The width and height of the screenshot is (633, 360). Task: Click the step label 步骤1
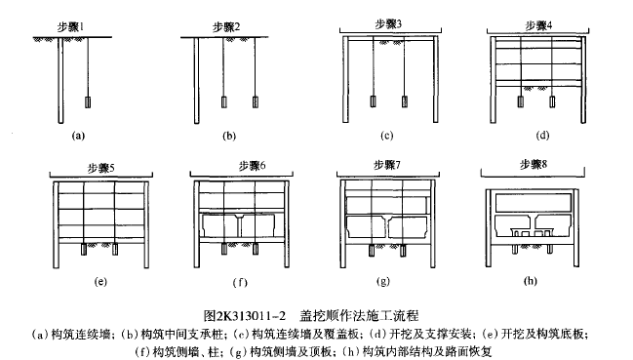coord(70,27)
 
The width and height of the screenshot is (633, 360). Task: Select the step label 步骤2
coord(226,27)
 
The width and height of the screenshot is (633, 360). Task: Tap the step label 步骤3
coord(388,24)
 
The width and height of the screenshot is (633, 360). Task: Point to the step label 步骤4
coord(538,25)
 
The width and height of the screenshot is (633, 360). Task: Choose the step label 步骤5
coord(100,168)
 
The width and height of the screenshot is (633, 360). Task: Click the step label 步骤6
coord(252,166)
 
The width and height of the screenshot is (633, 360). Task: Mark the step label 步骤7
coord(387,165)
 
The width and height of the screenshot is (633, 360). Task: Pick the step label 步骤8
coord(534,165)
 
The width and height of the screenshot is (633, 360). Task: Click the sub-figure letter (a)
coord(78,136)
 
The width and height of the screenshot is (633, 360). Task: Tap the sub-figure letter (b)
coord(229,136)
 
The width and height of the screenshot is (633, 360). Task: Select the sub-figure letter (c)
coord(387,136)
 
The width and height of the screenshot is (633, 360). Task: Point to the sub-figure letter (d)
coord(542,136)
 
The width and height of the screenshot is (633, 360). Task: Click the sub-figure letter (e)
coord(100,281)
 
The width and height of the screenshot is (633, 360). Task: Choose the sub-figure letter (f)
coord(240,283)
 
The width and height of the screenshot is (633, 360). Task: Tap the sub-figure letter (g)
coord(382,281)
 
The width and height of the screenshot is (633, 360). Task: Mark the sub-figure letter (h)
coord(530,281)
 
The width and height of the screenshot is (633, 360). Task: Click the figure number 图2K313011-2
coord(245,315)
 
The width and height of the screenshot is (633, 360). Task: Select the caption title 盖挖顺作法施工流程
coord(359,315)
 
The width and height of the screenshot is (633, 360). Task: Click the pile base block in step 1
coord(88,102)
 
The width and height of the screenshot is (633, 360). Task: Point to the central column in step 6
coord(239,226)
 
